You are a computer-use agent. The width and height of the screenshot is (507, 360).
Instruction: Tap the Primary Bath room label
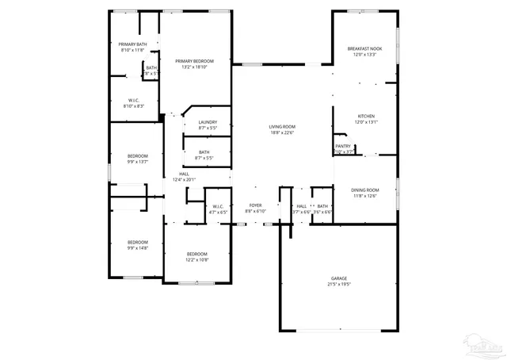[132, 44]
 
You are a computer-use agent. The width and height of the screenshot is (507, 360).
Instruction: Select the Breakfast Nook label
[364, 49]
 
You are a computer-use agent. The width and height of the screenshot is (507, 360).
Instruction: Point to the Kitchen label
[365, 116]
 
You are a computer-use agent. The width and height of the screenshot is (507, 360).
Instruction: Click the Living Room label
[281, 127]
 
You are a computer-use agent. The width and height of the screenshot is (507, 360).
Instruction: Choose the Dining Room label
[365, 190]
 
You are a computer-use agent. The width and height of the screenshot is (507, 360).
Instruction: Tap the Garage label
[339, 278]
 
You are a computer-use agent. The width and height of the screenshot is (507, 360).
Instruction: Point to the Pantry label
[343, 146]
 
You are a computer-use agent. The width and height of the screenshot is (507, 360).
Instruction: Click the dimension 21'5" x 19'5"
[339, 284]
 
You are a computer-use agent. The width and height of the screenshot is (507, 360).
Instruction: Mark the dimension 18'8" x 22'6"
[281, 132]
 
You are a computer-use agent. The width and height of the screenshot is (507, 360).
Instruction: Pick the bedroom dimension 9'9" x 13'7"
[138, 162]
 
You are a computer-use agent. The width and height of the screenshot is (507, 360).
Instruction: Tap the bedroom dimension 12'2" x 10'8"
[197, 259]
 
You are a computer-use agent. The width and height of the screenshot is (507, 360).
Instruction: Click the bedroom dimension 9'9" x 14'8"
[138, 247]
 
